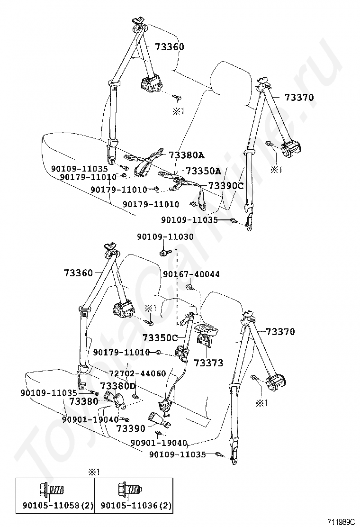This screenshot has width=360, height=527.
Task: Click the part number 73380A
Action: point(186,155)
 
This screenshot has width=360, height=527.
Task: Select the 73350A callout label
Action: point(204,171)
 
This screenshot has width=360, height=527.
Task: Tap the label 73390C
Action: point(225,185)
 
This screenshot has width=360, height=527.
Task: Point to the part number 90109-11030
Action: point(165,237)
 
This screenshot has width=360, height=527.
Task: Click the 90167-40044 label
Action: point(191,274)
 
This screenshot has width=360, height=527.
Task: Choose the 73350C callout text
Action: point(160,338)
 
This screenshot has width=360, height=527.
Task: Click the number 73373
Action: point(208,363)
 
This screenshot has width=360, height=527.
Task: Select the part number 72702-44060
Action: point(138,373)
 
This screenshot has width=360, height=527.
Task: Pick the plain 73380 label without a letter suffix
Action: point(84,401)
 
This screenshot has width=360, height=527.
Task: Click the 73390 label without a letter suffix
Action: point(131,428)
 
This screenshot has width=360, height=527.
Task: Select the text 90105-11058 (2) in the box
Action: point(58,506)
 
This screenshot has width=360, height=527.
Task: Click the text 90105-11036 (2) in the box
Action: point(136,506)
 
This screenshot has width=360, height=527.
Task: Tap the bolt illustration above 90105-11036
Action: point(131,490)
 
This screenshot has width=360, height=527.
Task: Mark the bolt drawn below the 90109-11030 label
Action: point(166,252)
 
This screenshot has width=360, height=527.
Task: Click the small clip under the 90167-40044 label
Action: point(190,287)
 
